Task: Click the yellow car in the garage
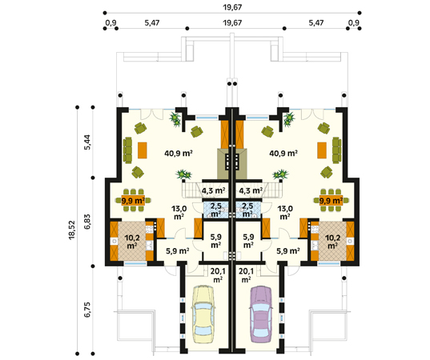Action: coord(203,314)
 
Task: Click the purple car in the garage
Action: coord(261,314)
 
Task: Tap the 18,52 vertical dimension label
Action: coord(72,230)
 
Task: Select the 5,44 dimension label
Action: coord(87,143)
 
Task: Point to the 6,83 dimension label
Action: coord(87,222)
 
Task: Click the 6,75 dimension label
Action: coord(87,310)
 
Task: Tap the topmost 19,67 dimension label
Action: coord(232,7)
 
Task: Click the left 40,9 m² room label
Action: coord(179,153)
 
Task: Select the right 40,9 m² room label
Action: coord(283,153)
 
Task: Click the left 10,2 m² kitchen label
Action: coord(132,242)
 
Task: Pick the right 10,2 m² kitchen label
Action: coord(332,242)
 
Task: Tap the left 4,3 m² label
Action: coord(213,190)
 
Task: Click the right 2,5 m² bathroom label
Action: coord(247,210)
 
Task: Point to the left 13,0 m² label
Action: coord(179,212)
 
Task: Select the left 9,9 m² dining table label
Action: coord(133,201)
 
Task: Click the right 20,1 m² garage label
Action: coord(246,275)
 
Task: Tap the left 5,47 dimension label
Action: coord(152,22)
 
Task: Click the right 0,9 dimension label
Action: coord(354,22)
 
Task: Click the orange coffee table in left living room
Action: coord(143,150)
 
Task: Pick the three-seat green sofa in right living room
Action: coord(336,150)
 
